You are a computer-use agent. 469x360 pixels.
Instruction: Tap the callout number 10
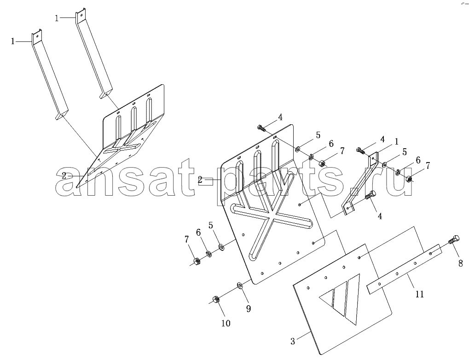tap(226, 323)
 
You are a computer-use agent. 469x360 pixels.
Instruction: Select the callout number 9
tap(249, 308)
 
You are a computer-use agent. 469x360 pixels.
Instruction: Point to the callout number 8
tap(460, 263)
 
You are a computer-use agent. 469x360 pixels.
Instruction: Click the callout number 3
tap(293, 341)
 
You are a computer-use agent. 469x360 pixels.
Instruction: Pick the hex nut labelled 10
tap(215, 299)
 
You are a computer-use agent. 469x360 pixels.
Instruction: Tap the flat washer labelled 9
tap(240, 285)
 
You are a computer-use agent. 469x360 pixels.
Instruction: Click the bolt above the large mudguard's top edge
tap(261, 128)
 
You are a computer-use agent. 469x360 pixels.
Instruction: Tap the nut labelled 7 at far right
tap(409, 179)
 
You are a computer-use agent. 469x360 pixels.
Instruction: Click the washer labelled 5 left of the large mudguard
tap(222, 247)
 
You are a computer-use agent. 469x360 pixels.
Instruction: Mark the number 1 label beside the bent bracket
tap(396, 141)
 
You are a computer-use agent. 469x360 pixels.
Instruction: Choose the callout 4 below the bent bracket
tap(380, 216)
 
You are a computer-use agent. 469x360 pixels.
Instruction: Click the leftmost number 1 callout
tap(12, 41)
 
